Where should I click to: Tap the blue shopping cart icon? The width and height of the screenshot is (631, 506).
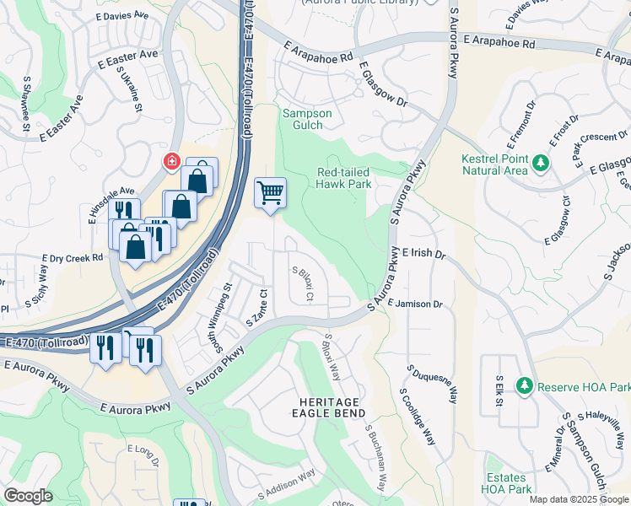tap(270, 193)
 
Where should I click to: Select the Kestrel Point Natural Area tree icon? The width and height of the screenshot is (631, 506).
tap(537, 161)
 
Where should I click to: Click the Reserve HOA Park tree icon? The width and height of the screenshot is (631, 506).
tap(525, 385)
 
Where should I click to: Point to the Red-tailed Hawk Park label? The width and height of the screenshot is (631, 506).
tap(343, 178)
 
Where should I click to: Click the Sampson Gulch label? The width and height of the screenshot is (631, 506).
tap(307, 120)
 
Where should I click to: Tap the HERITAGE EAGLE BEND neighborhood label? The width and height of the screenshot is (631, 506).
tap(330, 406)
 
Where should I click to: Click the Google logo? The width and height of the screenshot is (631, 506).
tap(28, 495)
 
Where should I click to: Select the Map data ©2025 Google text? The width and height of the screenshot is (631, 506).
tap(578, 499)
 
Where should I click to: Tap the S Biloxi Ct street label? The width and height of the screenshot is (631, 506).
tap(304, 284)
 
